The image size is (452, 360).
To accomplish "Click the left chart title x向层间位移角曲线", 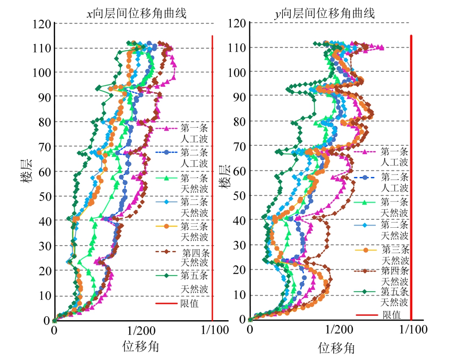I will tap(136, 14).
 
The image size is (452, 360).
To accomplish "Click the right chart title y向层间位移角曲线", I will tap(325, 14).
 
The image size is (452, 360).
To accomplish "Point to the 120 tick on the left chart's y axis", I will tap(42, 24).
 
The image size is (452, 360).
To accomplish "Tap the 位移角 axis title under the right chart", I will tap(336, 348).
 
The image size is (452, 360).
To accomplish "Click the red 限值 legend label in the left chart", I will tap(189, 304).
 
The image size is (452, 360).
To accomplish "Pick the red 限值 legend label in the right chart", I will tap(391, 314).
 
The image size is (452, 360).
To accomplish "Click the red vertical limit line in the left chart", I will tap(212, 175).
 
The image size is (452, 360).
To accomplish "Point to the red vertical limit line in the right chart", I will tap(411, 175).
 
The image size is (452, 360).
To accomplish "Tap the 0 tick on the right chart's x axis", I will tap(250, 330).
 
